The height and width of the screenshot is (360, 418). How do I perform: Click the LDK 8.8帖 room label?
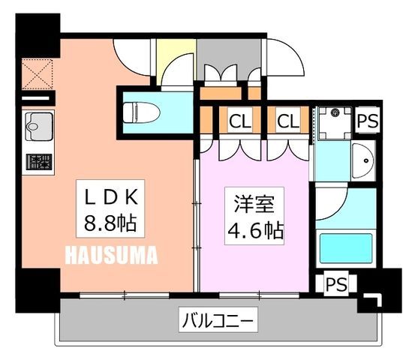coord(110,208)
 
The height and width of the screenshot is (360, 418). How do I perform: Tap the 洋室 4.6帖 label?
coord(254,215)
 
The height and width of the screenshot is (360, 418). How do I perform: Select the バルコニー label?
coord(218,319)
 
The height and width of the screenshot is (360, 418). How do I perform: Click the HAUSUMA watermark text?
coord(111,255)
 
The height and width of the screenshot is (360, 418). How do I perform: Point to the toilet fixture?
coord(141,112)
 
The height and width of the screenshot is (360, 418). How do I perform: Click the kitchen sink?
coord(39,127)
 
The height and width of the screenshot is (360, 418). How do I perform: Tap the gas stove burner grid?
coord(39,162)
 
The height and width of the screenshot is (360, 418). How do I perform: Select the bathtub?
coord(346,248)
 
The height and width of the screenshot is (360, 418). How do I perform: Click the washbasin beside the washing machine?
coord(362,160)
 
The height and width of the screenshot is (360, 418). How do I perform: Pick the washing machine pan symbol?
coord(335,123)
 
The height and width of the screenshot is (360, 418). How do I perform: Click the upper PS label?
coord(368,121)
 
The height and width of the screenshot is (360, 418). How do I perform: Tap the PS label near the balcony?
coord(336,283)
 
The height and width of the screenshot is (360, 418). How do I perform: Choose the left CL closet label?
coord(240,121)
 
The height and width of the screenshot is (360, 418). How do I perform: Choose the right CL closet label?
coord(288,121)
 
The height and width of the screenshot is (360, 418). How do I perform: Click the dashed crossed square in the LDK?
coord(38,73)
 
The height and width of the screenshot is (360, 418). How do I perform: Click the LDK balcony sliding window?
coord(125,295)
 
